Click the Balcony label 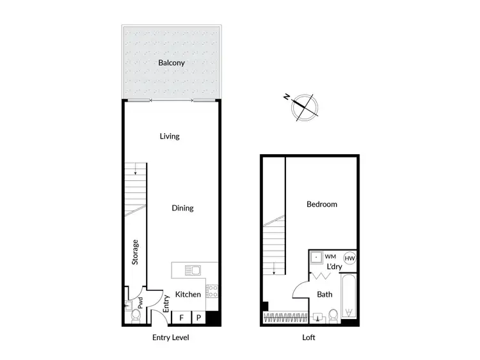(172, 63)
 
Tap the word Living (170, 136)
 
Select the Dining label (182, 208)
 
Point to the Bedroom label (321, 205)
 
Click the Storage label (135, 253)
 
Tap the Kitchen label (188, 294)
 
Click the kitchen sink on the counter (191, 269)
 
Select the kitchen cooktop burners (214, 292)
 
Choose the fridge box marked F (182, 318)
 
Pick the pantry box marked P (198, 318)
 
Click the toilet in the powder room (135, 316)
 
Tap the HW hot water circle (349, 258)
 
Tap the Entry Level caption (170, 338)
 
